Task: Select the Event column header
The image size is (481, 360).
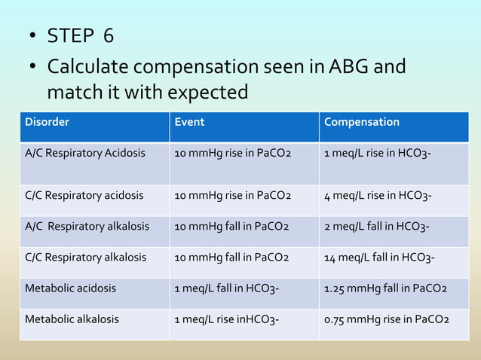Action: (189, 122)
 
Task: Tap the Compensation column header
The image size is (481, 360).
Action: (362, 122)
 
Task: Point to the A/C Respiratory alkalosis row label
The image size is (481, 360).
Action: (87, 226)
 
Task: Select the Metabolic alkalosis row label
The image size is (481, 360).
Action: (72, 319)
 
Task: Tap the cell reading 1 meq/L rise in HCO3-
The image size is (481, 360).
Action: (378, 154)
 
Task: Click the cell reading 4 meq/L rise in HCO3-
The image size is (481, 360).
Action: (378, 195)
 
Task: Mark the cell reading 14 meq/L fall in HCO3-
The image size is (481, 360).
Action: (379, 257)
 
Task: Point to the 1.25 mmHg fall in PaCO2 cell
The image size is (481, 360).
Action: (385, 288)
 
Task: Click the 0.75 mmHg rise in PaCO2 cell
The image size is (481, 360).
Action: (386, 319)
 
